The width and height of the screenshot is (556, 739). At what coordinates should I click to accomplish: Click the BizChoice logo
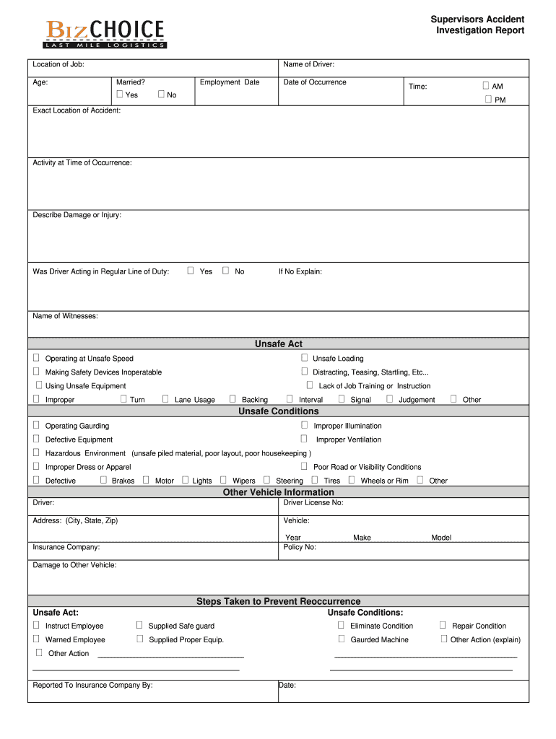[x=105, y=33]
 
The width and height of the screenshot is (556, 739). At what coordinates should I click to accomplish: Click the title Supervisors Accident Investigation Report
[x=477, y=25]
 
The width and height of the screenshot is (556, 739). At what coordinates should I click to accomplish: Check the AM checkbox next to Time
[x=486, y=86]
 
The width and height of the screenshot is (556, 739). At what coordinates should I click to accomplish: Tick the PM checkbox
[x=488, y=100]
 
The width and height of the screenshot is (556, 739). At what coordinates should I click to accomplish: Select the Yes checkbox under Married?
[x=120, y=95]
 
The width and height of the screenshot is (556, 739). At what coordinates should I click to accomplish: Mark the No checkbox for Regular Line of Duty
[x=225, y=271]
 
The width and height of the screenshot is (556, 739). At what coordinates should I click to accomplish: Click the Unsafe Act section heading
[x=278, y=344]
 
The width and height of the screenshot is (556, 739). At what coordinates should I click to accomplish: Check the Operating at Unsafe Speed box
[x=36, y=358]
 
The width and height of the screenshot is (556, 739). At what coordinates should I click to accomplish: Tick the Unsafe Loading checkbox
[x=305, y=358]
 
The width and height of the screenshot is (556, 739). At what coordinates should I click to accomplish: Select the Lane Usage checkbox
[x=165, y=399]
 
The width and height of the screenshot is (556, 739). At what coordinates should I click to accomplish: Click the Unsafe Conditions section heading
[x=278, y=411]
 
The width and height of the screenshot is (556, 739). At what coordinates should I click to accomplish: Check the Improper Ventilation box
[x=304, y=439]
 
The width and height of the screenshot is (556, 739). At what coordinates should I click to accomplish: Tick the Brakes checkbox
[x=103, y=480]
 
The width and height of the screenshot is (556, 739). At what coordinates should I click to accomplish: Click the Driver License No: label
[x=313, y=502]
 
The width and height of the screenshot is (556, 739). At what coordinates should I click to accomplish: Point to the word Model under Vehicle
[x=441, y=538]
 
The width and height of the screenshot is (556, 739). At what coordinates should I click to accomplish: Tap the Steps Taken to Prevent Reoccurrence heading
[x=278, y=601]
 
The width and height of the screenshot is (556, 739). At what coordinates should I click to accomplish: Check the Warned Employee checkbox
[x=36, y=639]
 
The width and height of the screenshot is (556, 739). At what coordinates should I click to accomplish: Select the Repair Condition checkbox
[x=443, y=625]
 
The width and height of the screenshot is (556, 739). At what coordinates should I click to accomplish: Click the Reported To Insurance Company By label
[x=92, y=685]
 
